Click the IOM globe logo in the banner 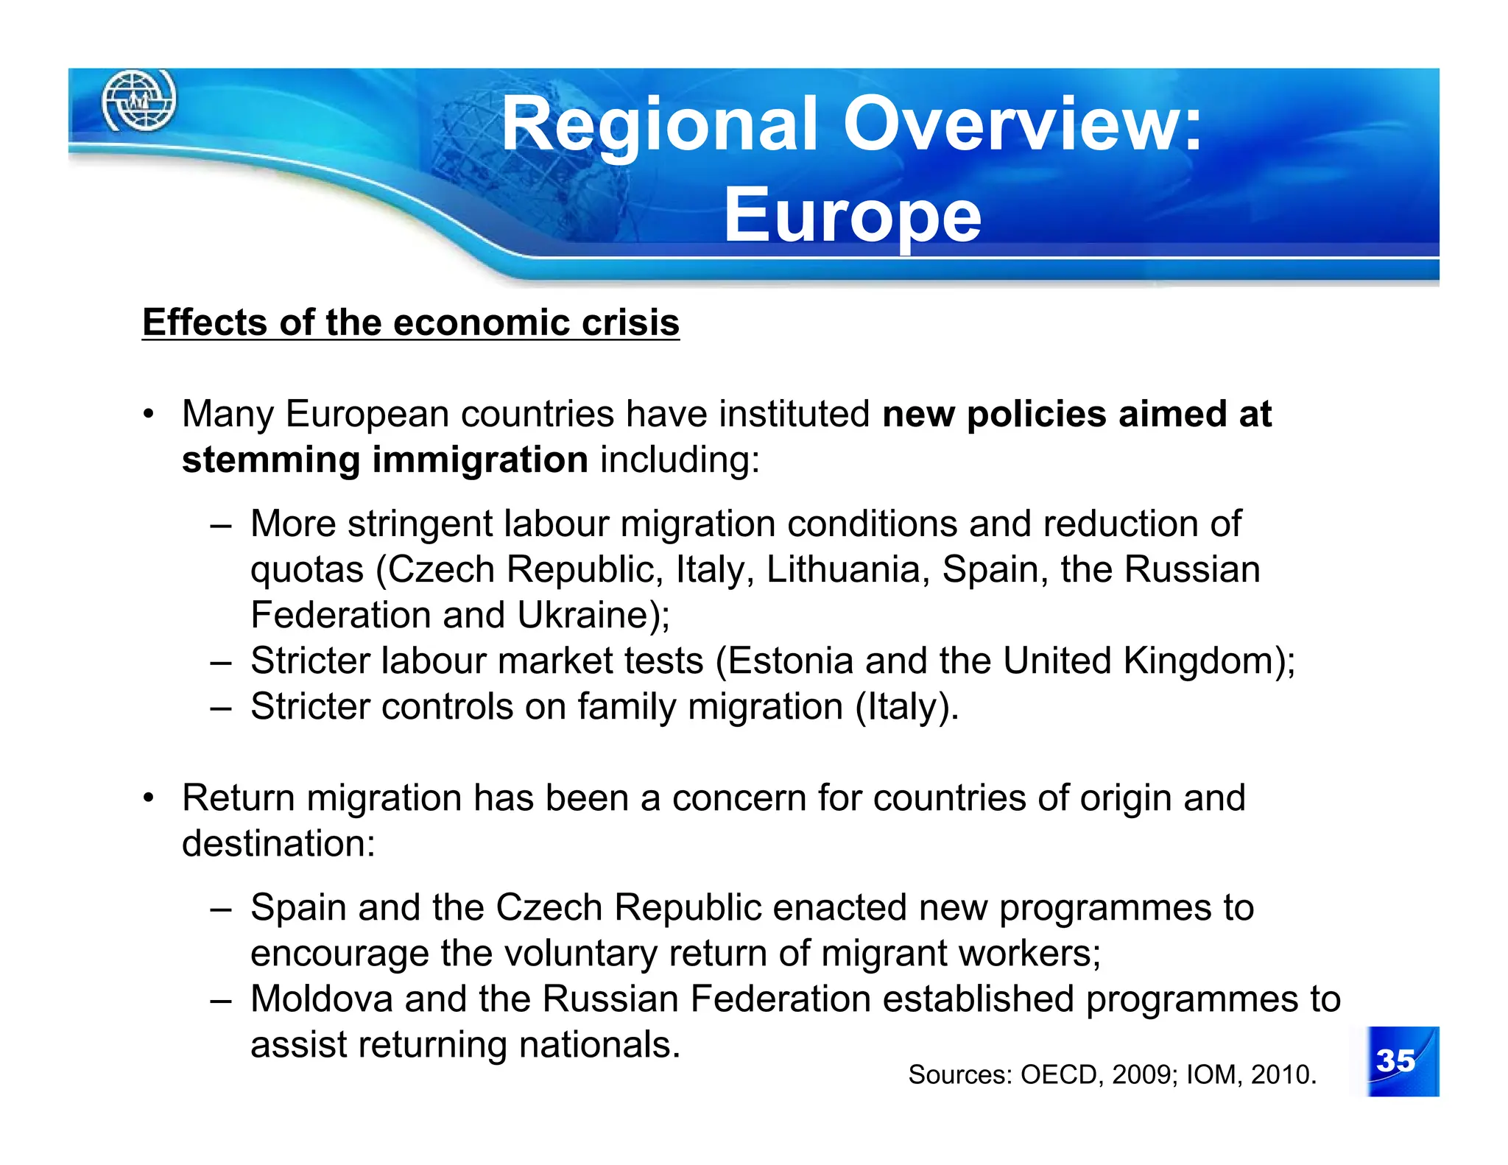tap(138, 100)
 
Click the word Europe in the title tap(853, 215)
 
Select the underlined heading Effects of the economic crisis tap(411, 323)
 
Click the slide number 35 tap(1395, 1060)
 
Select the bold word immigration tap(480, 460)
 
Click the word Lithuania tap(847, 569)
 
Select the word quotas tap(307, 570)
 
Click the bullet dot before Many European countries tap(149, 413)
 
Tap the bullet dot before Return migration tap(149, 798)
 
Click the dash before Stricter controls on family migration tap(220, 707)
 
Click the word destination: tap(278, 844)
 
